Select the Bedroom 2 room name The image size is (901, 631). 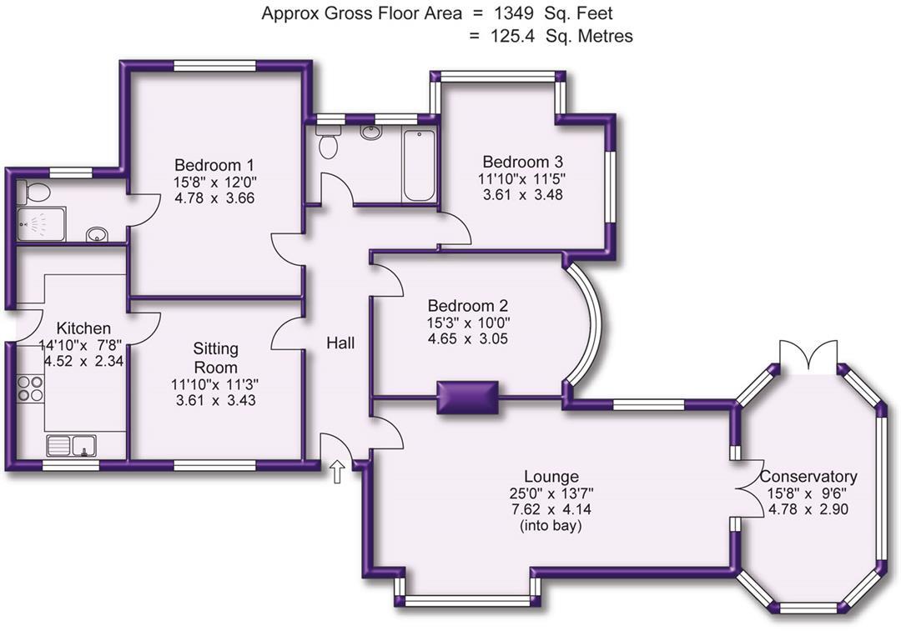pos(467,306)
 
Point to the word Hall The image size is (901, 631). pos(340,343)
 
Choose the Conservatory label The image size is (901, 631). pos(808,477)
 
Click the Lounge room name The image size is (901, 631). pos(551,477)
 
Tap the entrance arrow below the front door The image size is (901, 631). pos(338,472)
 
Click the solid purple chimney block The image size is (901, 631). pos(467,397)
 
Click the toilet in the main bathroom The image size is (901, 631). pos(328,144)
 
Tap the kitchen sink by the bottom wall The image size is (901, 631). pos(72,446)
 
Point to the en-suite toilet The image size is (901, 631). pos(35,192)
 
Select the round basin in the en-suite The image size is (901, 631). pos(98,234)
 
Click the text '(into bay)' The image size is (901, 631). pos(551,525)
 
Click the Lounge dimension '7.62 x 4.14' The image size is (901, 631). pos(551,508)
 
